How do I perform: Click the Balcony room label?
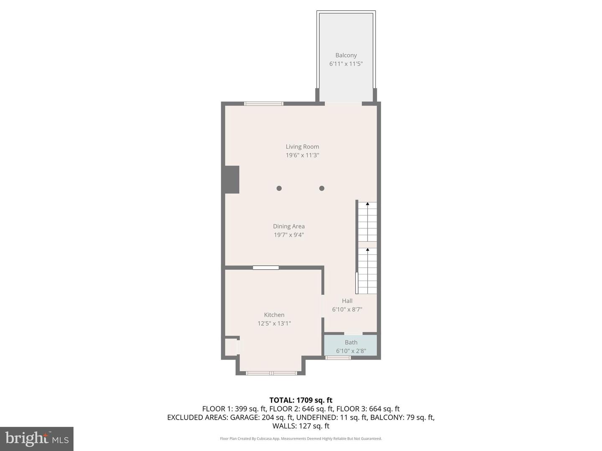coord(346,55)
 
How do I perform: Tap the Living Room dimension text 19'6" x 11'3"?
coord(302,155)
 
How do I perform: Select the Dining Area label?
coord(289,226)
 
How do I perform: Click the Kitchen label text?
coord(274,315)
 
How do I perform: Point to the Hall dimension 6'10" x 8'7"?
coord(347,309)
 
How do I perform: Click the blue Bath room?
coord(351,346)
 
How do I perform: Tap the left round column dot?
coord(279,188)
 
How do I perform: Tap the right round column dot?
coord(321,188)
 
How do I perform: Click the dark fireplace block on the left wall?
coord(231,180)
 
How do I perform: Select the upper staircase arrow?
coord(367,204)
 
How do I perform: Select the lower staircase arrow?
coord(367,250)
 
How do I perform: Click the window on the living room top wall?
coord(264,104)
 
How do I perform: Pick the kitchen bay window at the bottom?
coord(271,373)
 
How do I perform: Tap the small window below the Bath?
coord(338,358)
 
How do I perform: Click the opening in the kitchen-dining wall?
coord(266,268)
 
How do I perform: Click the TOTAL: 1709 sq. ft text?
coord(301,400)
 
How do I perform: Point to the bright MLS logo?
coord(37,438)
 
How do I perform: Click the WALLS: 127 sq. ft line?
coord(301,426)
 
